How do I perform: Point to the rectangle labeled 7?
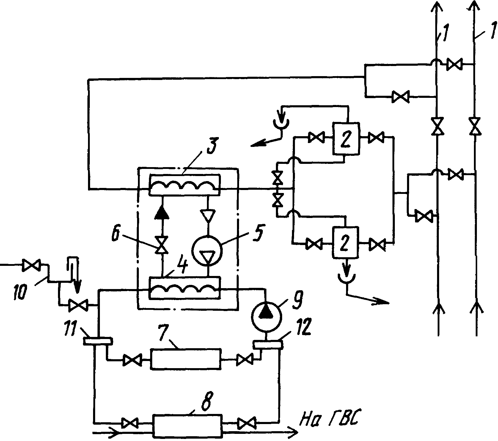click(x=186, y=359)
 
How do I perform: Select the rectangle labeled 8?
click(x=188, y=426)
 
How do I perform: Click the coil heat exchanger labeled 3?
click(x=184, y=184)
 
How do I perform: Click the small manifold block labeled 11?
click(x=98, y=341)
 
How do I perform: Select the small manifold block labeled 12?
click(x=268, y=345)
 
